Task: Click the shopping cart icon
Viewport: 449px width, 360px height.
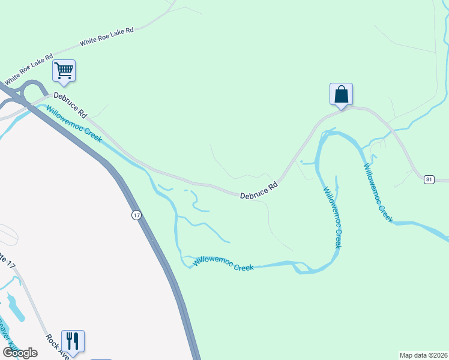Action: [x=64, y=71]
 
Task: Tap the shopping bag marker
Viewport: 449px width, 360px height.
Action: [x=341, y=94]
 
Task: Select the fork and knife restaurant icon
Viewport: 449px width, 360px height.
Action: [x=73, y=341]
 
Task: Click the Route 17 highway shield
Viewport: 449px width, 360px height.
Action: [x=137, y=215]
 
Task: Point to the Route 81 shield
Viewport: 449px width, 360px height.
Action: [x=429, y=179]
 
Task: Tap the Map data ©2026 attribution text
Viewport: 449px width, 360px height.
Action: [x=423, y=355]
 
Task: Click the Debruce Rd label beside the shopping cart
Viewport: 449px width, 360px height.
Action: [x=71, y=104]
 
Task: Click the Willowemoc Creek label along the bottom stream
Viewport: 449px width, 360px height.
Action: [x=223, y=263]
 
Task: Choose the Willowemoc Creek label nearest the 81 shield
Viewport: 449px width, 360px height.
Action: [x=378, y=193]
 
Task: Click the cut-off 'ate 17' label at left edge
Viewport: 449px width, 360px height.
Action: [x=7, y=259]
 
